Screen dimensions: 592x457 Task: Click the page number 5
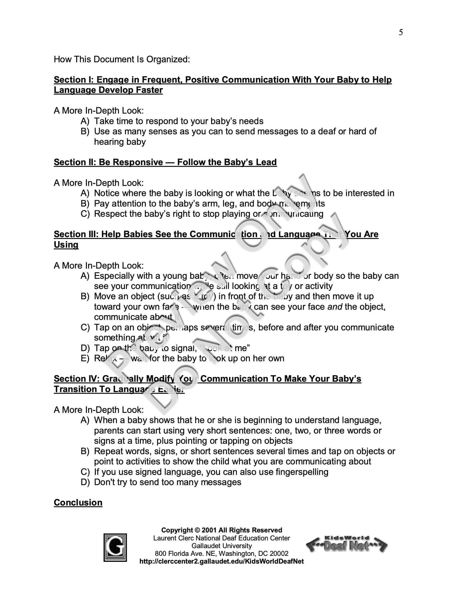coord(401,33)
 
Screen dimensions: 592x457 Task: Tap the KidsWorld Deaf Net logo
coord(346,545)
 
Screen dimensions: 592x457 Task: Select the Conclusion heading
coord(78,503)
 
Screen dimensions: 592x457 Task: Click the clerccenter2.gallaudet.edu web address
coord(222,561)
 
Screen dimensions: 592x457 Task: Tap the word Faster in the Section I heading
coord(149,90)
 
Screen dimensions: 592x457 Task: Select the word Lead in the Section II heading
coord(266,162)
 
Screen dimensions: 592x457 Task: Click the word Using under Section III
coord(66,244)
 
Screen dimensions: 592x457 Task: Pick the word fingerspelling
coord(302,472)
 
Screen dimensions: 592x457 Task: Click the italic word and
coord(335,307)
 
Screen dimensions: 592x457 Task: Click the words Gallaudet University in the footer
coord(222,546)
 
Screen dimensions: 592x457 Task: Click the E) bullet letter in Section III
coord(85,358)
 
